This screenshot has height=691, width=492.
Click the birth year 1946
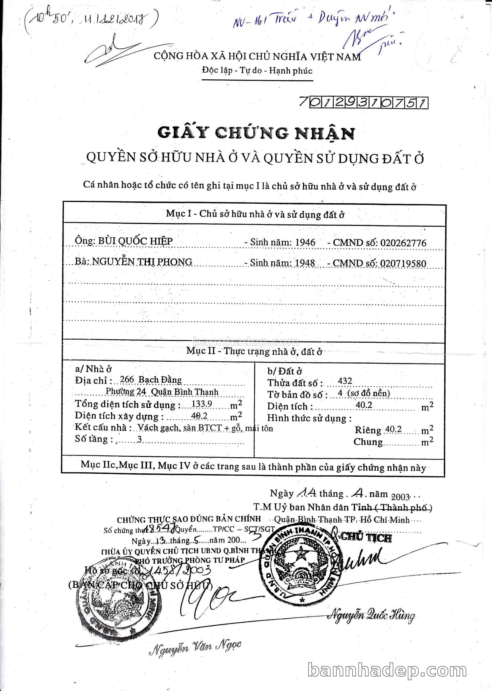click(x=305, y=242)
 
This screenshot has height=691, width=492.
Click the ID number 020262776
click(x=403, y=243)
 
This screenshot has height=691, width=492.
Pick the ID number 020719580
click(x=403, y=263)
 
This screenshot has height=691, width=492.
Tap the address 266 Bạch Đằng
click(x=151, y=380)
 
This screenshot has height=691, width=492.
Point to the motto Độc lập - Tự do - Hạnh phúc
click(x=257, y=71)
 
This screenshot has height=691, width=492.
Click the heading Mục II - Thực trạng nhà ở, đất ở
click(x=254, y=351)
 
